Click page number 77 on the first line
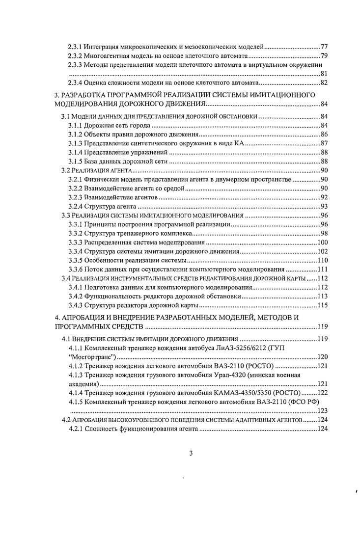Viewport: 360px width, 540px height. coord(324,47)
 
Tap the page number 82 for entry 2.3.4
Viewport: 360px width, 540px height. coord(324,82)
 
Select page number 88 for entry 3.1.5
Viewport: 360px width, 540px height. coord(324,161)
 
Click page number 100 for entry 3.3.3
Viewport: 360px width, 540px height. coord(323,242)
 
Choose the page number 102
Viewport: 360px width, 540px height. coord(323,251)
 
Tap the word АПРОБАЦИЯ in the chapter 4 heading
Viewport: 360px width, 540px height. coord(87,318)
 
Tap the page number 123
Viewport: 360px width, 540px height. coord(323,411)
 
